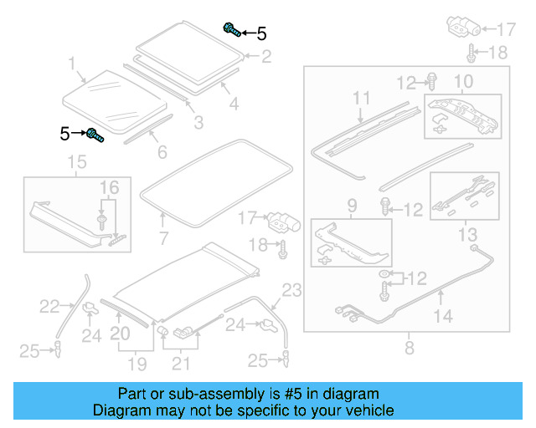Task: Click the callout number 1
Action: point(72,64)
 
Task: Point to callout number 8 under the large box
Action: point(409,347)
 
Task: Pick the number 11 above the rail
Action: point(360,99)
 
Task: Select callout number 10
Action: point(463,81)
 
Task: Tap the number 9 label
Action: point(352,205)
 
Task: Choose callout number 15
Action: point(76,161)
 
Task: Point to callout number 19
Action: point(137,364)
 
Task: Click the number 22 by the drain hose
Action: point(49,307)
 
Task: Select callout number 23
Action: point(291,290)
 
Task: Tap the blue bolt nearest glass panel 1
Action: point(94,134)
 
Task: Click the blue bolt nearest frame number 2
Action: point(231,31)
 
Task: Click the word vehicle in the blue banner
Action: point(368,410)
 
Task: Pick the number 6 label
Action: point(162,152)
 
